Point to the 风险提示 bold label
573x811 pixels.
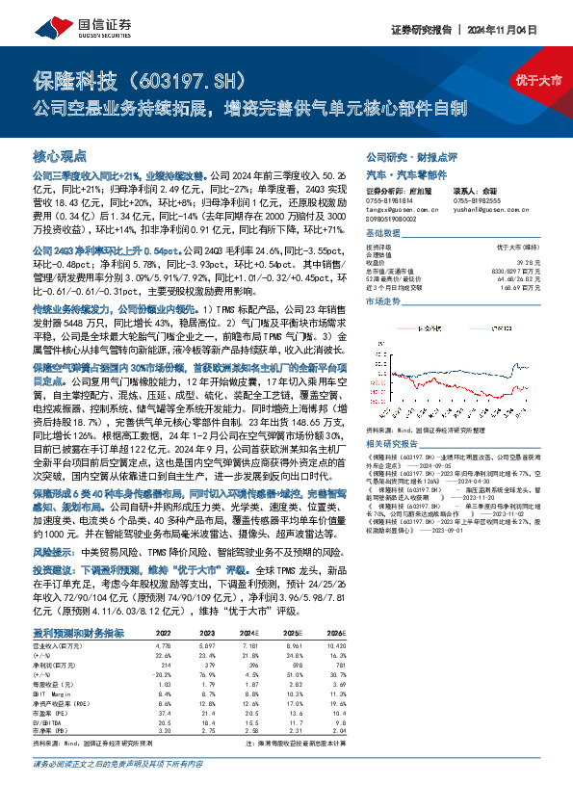(54, 554)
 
